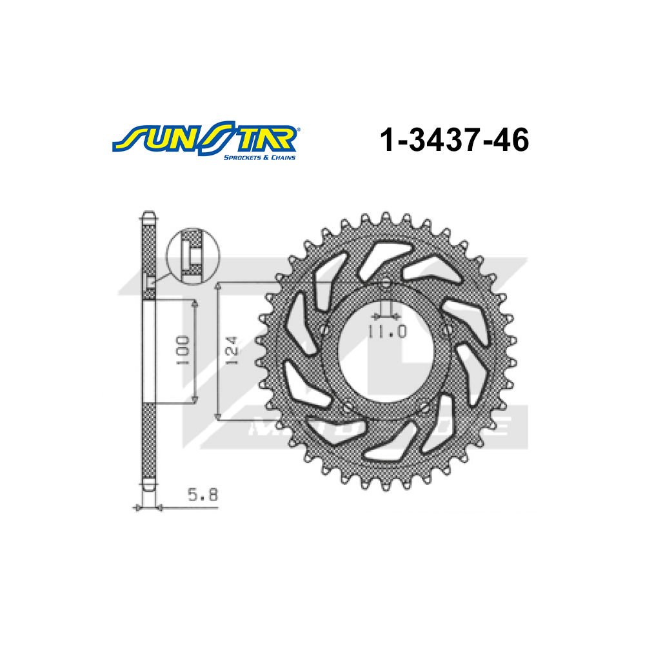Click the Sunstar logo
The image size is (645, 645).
click(x=206, y=138)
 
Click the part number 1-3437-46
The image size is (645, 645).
click(x=455, y=139)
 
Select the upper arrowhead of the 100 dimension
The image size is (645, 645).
click(x=194, y=303)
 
